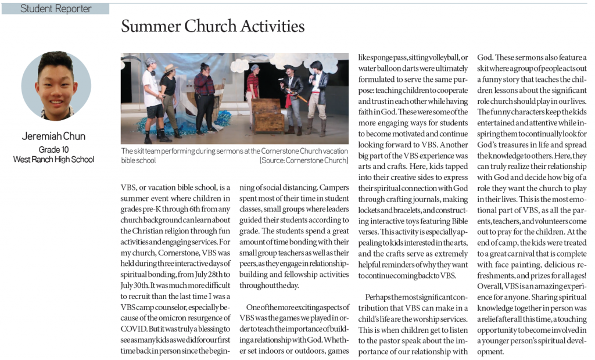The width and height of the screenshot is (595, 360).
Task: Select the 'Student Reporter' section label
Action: (56, 9)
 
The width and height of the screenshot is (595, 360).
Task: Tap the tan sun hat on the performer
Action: (169, 68)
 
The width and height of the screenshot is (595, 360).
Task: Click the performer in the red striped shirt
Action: (252, 84)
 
